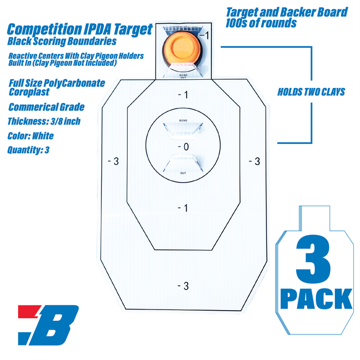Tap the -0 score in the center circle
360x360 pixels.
[184, 147]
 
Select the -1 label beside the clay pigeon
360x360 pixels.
[204, 35]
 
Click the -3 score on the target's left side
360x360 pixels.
[113, 161]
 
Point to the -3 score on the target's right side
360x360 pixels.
[255, 161]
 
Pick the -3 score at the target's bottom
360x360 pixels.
[183, 286]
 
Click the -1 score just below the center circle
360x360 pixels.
[183, 208]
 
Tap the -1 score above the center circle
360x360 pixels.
[183, 95]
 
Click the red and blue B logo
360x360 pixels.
[48, 325]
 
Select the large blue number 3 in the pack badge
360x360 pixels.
[314, 259]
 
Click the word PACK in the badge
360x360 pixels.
[316, 298]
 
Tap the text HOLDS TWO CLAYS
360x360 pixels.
[311, 92]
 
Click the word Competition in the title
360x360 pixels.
[45, 30]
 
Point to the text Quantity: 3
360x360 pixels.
[28, 150]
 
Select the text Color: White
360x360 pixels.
[30, 136]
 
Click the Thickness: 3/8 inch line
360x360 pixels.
[44, 121]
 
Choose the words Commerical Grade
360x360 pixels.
[46, 107]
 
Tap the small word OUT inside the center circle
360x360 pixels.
[183, 173]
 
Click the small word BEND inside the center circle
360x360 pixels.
[183, 120]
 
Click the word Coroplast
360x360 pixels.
[29, 92]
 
